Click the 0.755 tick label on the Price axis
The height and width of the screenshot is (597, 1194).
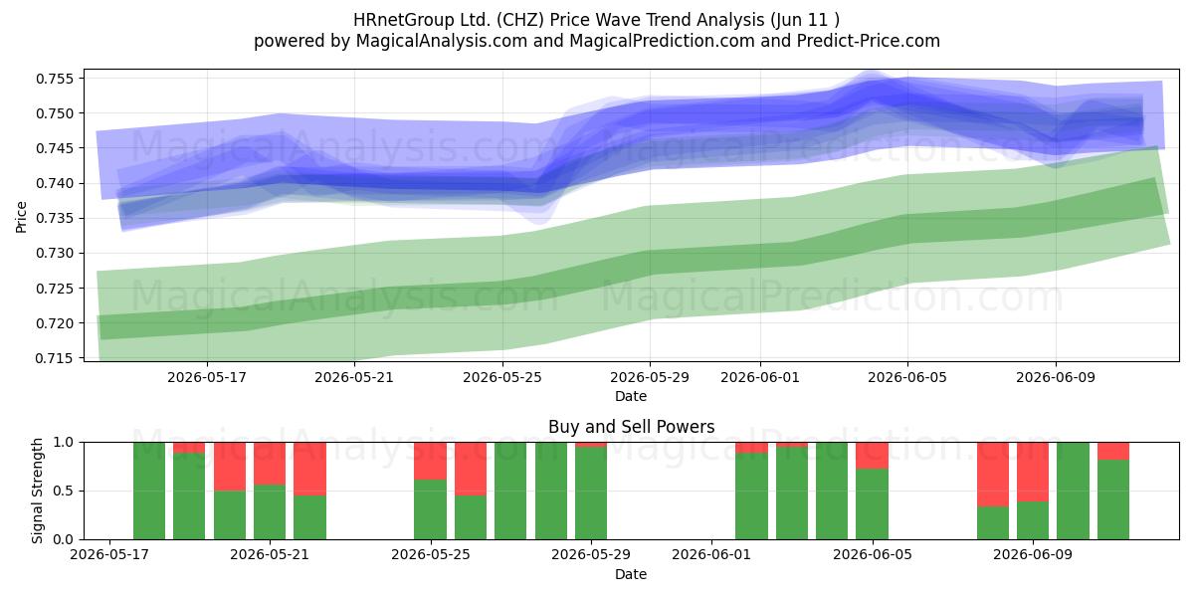click(54, 79)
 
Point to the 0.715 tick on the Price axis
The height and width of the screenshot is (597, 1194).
click(54, 358)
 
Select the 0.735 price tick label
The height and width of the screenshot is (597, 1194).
click(54, 219)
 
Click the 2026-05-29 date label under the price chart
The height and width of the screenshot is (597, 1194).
click(649, 377)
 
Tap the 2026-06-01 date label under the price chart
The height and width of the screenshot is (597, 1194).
click(760, 377)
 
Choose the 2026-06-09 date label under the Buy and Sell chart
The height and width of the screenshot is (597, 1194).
click(1033, 554)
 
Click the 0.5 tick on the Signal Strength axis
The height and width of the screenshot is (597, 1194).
click(64, 491)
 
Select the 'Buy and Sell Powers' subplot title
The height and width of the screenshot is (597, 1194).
click(631, 427)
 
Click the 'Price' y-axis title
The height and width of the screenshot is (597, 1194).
click(21, 217)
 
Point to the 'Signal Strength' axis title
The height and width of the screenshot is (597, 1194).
click(37, 491)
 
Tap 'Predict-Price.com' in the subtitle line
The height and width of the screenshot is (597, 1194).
click(869, 41)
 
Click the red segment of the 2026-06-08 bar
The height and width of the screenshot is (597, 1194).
click(993, 475)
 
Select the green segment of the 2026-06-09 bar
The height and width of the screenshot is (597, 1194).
click(1033, 520)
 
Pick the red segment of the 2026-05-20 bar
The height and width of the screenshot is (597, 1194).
click(230, 467)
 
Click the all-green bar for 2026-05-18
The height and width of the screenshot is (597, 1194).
click(149, 491)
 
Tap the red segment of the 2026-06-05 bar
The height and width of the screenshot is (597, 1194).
click(872, 456)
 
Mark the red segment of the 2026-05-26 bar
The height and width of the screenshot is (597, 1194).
click(471, 469)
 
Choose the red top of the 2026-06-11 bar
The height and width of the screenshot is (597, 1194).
click(1113, 451)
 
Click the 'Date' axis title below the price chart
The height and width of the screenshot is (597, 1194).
click(631, 396)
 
